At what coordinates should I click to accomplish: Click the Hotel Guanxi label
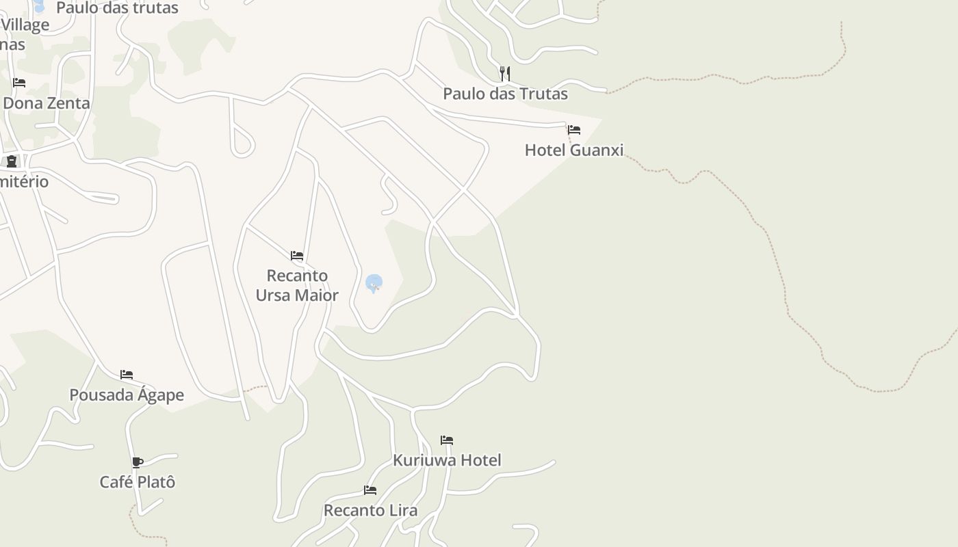click(574, 150)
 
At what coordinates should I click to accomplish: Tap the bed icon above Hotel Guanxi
click(574, 130)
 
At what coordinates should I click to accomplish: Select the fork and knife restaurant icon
click(505, 73)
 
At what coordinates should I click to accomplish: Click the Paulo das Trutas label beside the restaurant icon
click(505, 94)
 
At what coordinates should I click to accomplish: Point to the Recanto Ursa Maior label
click(297, 285)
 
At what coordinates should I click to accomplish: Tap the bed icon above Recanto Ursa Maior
click(297, 256)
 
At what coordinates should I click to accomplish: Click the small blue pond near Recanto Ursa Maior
click(374, 282)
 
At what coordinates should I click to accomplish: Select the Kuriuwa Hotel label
click(447, 460)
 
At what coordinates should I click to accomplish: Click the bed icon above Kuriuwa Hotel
click(447, 440)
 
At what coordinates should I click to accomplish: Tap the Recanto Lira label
click(370, 510)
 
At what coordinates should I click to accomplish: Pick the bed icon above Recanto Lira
click(370, 490)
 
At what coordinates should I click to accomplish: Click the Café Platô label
click(138, 482)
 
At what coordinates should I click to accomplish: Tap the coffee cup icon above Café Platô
click(138, 462)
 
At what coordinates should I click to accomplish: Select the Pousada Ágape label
click(127, 395)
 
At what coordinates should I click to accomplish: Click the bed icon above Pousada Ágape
click(127, 375)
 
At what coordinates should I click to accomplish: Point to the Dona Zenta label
click(47, 103)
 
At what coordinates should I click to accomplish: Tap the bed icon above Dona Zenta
click(19, 83)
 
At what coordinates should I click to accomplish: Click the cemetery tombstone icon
click(12, 161)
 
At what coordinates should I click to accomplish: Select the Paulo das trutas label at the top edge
click(117, 8)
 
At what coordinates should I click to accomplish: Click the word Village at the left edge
click(25, 25)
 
